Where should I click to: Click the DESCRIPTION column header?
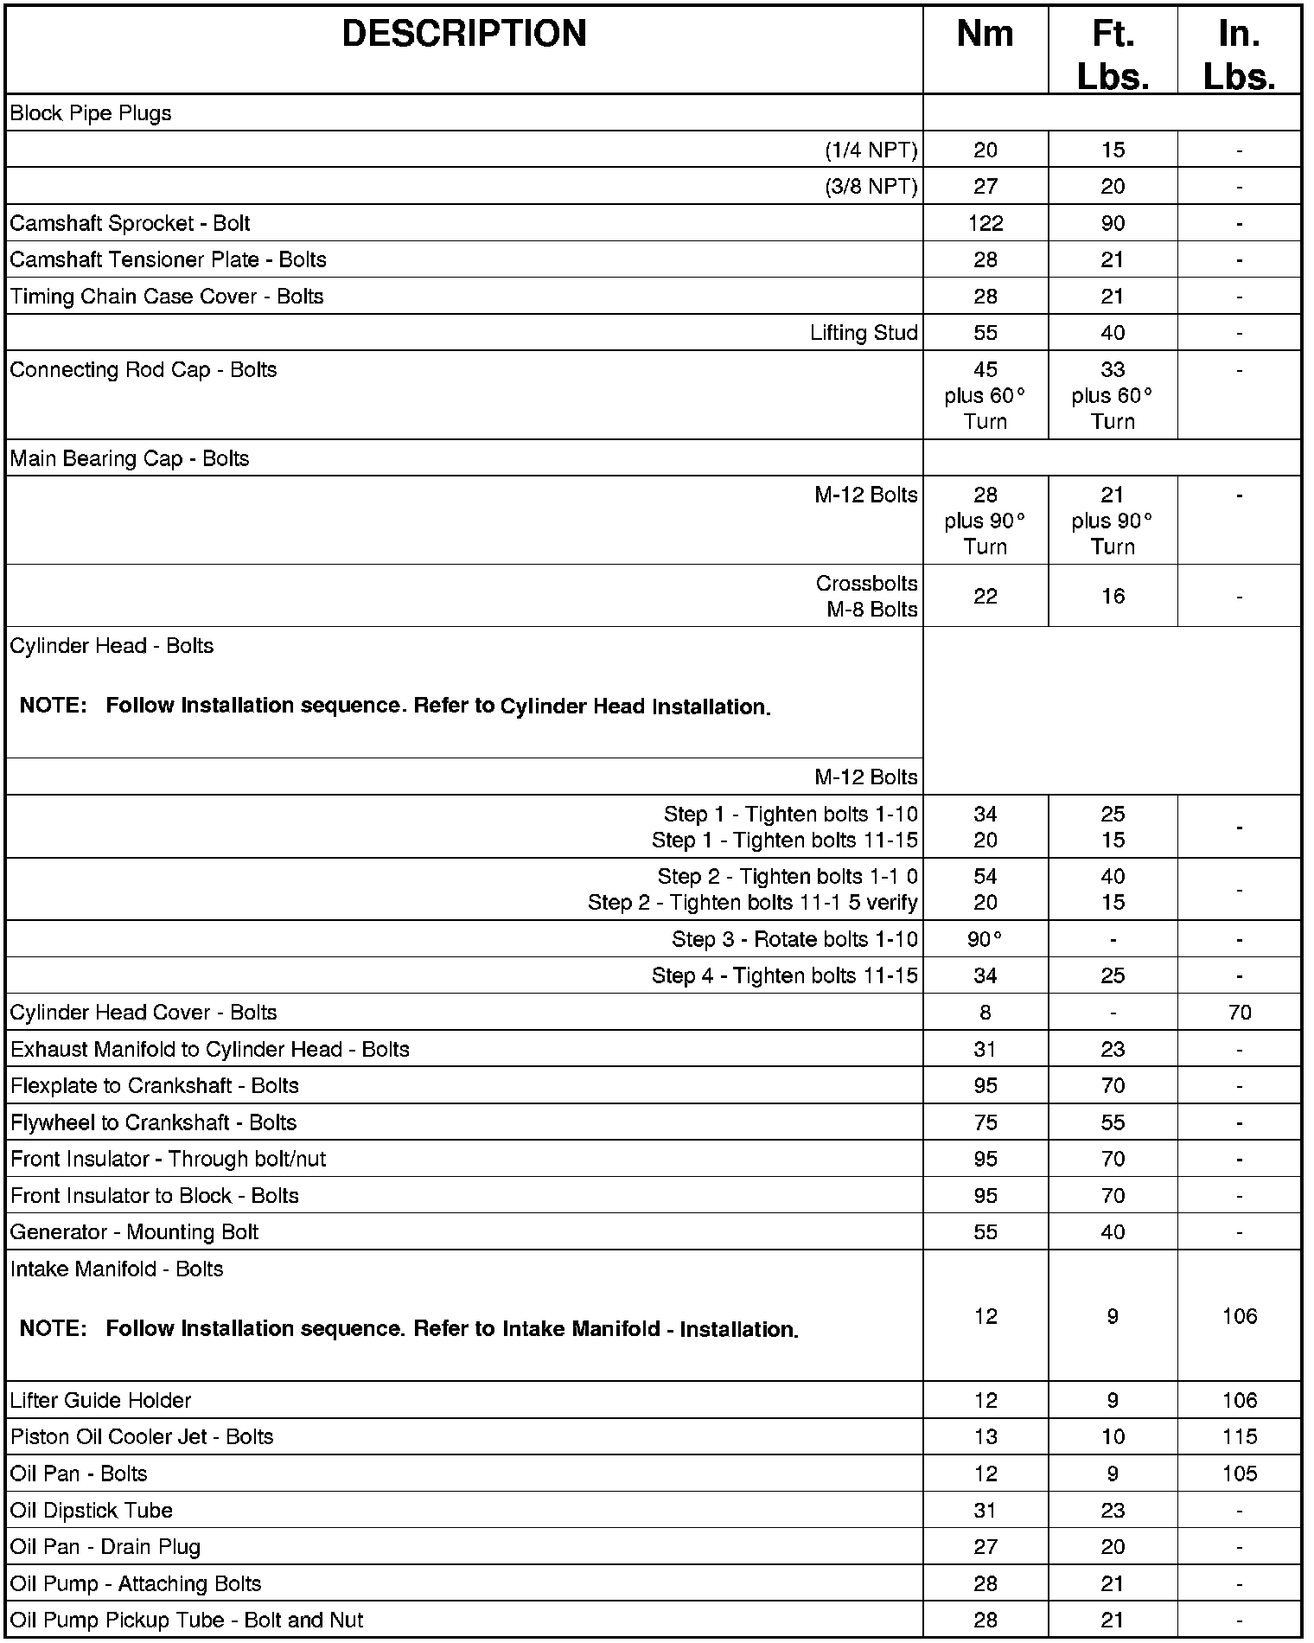(464, 35)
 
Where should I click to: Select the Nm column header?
(985, 35)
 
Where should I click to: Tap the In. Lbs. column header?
(1239, 55)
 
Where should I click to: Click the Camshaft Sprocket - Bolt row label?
(130, 223)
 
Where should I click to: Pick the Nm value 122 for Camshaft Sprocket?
(985, 223)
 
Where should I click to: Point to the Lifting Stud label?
(864, 333)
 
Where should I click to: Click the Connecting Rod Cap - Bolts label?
(144, 370)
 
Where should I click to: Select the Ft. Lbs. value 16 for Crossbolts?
(1113, 596)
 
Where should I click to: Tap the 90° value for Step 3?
(985, 939)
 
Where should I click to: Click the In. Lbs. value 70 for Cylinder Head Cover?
(1239, 1013)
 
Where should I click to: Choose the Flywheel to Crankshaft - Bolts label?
(153, 1122)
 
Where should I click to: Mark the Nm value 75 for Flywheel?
(985, 1122)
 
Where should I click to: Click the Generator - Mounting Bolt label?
(134, 1232)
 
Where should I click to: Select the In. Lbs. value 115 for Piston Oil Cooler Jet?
(1239, 1437)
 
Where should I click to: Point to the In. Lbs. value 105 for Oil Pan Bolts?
(1239, 1474)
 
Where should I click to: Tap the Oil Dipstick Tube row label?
(92, 1511)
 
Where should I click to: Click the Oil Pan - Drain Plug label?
(105, 1547)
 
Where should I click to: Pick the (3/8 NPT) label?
(871, 187)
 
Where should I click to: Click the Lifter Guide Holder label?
(100, 1400)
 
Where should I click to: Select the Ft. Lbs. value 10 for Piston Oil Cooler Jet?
(1113, 1437)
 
